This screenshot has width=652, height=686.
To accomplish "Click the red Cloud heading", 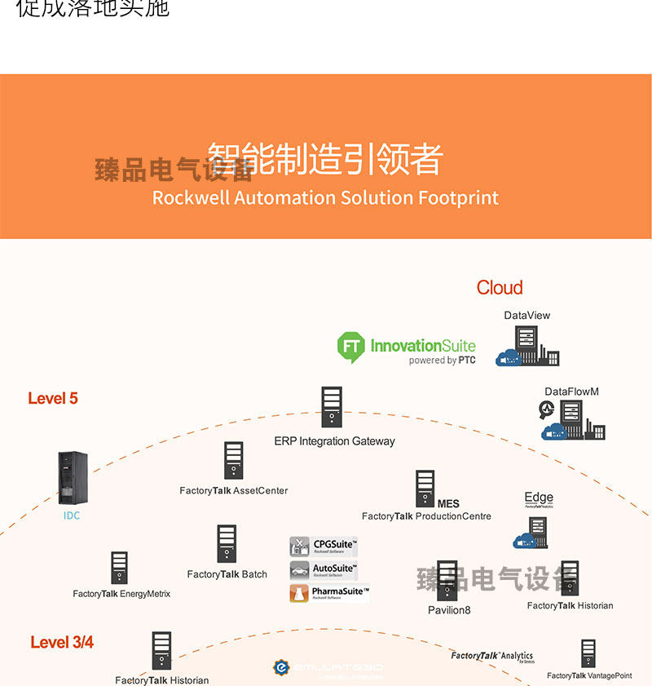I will tap(500, 288).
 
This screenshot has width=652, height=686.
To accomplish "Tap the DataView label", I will tap(527, 316).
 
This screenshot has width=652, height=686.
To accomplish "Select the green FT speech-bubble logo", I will tap(350, 347).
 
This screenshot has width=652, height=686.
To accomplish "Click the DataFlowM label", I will tap(571, 392).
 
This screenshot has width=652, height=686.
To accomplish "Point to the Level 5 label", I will tap(53, 399).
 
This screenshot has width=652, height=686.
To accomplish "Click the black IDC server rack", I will tap(72, 478).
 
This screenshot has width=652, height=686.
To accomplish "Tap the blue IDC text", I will tap(72, 516).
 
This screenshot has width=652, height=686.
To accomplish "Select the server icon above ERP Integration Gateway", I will tap(331, 406).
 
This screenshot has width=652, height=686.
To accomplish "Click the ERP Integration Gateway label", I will tap(334, 441).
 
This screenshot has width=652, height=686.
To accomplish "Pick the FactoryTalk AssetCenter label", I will tap(234, 491).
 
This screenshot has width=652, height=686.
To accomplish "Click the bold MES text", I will tap(448, 504).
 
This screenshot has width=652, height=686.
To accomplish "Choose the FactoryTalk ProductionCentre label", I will tap(426, 516).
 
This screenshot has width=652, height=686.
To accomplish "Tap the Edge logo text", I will tap(539, 498).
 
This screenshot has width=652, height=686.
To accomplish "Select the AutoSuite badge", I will tap(324, 570).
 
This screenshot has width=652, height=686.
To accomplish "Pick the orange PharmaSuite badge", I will tap(329, 593).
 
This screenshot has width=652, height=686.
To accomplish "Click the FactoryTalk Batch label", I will tap(227, 574).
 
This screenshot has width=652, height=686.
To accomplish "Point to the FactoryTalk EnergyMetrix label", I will tap(121, 594).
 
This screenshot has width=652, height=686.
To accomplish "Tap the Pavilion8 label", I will tap(449, 610).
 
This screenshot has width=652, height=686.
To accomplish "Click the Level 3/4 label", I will tap(62, 643).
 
